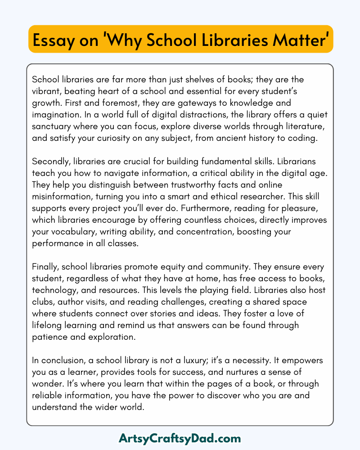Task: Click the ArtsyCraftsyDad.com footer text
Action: [x=180, y=438]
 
